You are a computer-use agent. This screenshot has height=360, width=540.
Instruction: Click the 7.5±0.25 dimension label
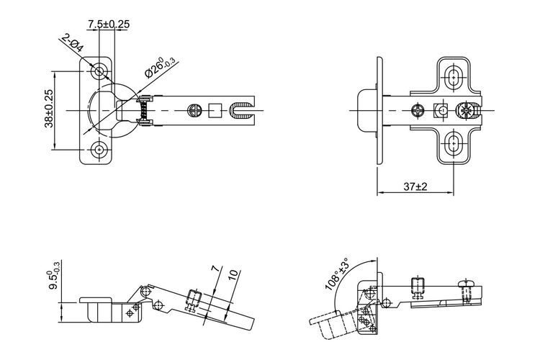click(x=109, y=24)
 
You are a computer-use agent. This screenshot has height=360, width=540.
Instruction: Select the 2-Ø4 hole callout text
click(x=72, y=43)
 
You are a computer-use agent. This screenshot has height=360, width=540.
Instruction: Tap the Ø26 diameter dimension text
click(x=159, y=68)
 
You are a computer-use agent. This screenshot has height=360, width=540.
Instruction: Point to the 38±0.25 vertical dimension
click(x=49, y=109)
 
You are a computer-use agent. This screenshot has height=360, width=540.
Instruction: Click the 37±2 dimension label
click(x=415, y=186)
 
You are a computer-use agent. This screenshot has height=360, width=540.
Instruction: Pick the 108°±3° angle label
click(x=336, y=274)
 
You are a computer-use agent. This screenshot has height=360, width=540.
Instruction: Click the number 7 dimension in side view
click(x=215, y=269)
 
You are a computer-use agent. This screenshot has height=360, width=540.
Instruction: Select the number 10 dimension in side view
click(x=233, y=274)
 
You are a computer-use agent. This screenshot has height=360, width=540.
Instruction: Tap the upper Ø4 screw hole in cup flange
click(x=99, y=71)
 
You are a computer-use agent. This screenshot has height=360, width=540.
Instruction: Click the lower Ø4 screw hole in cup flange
click(x=99, y=150)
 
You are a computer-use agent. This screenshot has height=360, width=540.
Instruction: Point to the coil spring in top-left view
click(x=145, y=111)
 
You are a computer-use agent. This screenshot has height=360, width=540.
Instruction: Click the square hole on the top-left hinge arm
click(x=215, y=111)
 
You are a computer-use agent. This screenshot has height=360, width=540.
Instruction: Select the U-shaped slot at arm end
click(x=241, y=111)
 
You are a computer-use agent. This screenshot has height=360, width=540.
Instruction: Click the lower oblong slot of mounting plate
click(x=454, y=144)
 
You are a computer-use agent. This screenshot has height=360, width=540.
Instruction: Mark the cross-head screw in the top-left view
click(x=194, y=111)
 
